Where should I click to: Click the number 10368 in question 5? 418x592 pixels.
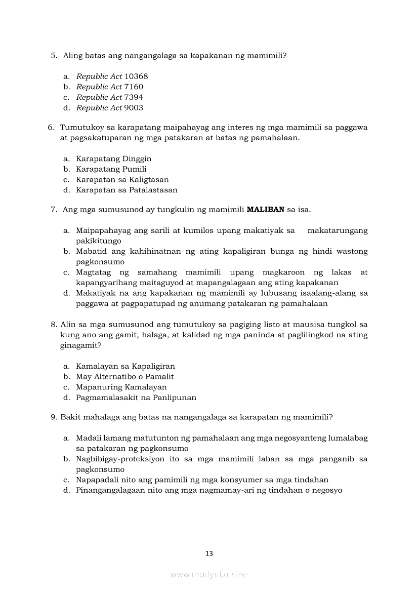(x=136, y=76)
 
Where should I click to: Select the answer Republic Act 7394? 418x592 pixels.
(x=109, y=97)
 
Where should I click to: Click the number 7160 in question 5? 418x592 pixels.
(x=134, y=87)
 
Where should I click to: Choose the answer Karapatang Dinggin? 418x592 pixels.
(x=113, y=159)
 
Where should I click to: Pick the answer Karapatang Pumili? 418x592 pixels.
(x=111, y=169)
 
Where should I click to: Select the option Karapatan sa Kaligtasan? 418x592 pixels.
(x=122, y=180)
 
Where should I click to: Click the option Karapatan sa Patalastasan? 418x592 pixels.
(x=127, y=190)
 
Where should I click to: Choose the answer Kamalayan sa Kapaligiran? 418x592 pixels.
(x=125, y=366)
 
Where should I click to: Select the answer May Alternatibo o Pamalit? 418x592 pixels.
(x=124, y=377)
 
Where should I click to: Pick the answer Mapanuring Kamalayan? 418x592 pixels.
(x=121, y=387)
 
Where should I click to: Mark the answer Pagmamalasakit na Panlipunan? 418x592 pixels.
(x=136, y=398)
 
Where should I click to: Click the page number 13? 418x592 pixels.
(x=209, y=554)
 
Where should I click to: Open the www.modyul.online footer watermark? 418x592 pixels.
(x=209, y=575)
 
